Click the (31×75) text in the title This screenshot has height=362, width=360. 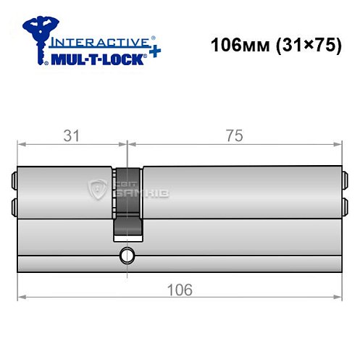click(298, 44)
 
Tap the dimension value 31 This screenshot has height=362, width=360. click(70, 135)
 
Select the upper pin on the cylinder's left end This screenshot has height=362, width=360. click(14, 180)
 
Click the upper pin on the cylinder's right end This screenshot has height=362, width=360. click(344, 179)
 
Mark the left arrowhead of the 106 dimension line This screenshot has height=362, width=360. click(21, 297)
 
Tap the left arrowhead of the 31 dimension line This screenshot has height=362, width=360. click(21, 144)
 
